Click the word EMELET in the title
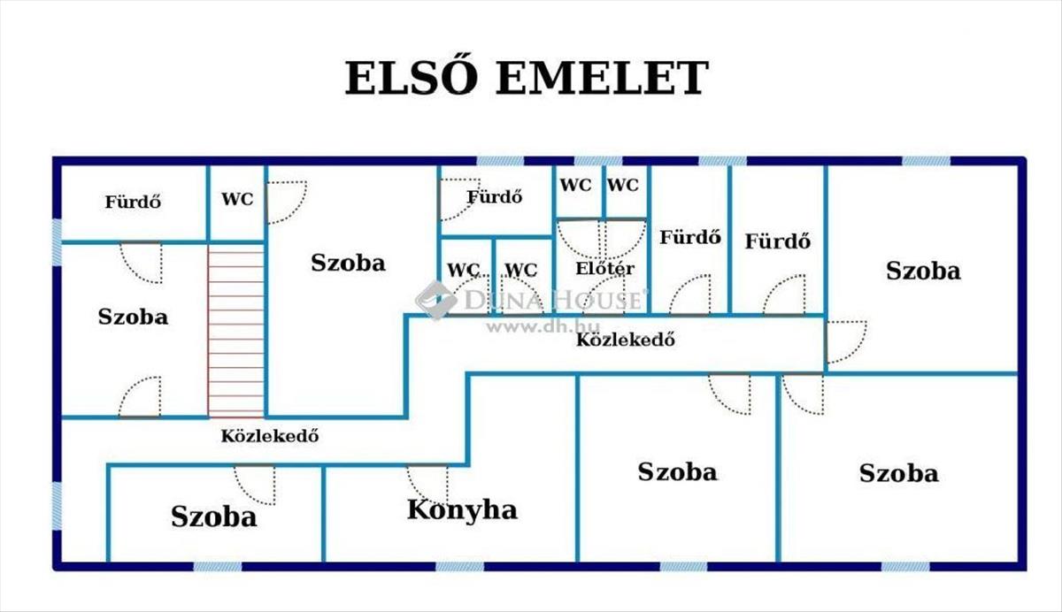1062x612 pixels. click(602, 79)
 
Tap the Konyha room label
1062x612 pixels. click(462, 510)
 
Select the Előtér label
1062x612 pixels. click(604, 268)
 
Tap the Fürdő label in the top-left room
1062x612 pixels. click(133, 202)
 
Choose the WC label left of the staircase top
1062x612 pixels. click(237, 200)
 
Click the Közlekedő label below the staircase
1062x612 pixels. click(269, 436)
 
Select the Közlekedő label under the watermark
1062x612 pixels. click(626, 340)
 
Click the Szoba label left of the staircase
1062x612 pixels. click(133, 317)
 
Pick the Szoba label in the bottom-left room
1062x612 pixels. click(214, 516)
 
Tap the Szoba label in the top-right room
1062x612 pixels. click(923, 271)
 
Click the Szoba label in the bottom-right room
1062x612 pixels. click(898, 473)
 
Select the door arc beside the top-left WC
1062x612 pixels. click(287, 202)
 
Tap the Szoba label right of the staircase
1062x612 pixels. click(348, 263)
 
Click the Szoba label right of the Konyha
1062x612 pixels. click(677, 471)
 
